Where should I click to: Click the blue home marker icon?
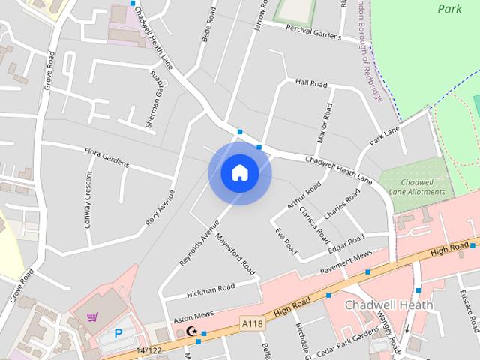240,173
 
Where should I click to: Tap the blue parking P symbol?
118,333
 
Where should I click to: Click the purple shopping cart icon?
92,317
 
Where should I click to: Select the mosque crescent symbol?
190,331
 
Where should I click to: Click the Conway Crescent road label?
88,199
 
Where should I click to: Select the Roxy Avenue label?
160,207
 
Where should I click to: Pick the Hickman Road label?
211,288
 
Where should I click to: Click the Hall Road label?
312,82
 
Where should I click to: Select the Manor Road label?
325,122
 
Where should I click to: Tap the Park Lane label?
385,136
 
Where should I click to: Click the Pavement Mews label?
346,261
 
